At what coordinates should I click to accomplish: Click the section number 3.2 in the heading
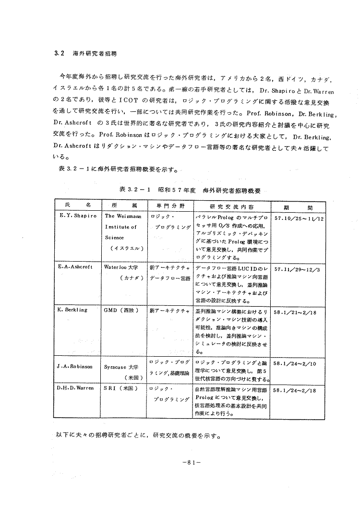coord(59,54)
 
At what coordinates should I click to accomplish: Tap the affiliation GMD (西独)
coord(121,310)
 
